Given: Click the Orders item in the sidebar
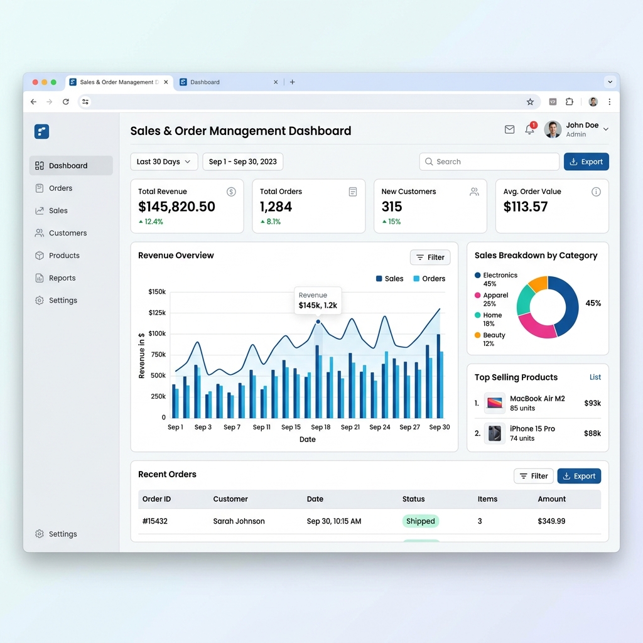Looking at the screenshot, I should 60,188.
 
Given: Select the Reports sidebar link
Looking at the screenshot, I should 62,278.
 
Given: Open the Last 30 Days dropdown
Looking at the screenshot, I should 164,162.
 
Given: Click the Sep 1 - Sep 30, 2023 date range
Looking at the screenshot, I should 242,162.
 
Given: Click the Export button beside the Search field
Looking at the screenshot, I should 586,162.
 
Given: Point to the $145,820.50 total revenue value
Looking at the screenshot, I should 176,207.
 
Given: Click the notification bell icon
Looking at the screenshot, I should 530,129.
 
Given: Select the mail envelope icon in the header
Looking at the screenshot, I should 509,129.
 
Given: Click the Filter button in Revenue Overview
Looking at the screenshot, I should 430,257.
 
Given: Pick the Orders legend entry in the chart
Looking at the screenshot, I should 429,279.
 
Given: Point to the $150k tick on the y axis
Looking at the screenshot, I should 157,292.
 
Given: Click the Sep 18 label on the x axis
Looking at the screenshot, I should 320,428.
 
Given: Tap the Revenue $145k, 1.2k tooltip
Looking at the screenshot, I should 318,300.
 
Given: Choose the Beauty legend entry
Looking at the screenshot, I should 494,335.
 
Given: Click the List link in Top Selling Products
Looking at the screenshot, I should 595,377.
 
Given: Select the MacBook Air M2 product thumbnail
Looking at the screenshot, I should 495,403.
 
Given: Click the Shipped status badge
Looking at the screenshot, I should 420,521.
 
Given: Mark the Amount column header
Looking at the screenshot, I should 551,499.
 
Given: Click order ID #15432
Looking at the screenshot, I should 155,521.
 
